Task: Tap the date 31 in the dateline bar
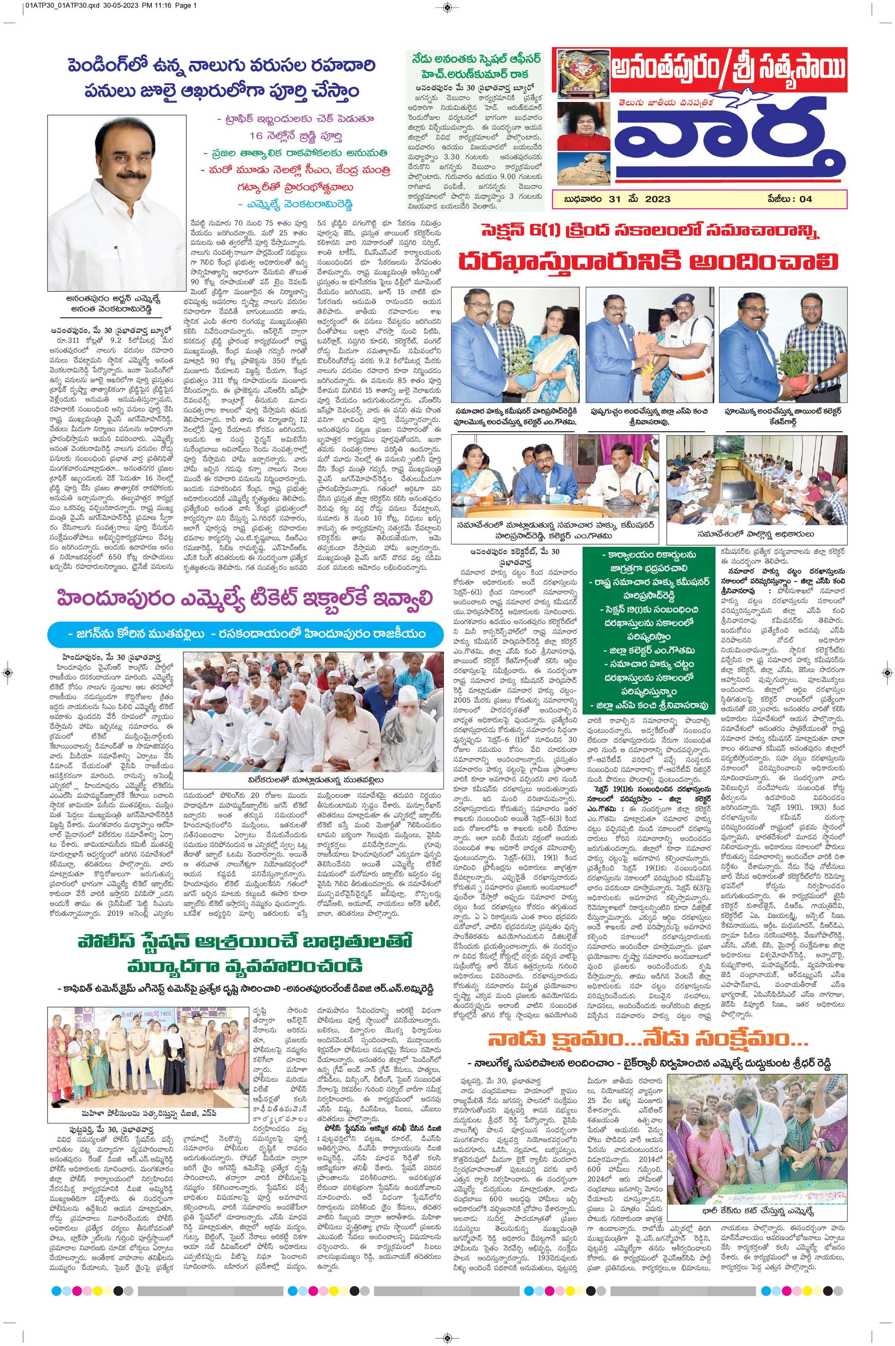pos(607,199)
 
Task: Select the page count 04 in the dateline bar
pos(805,199)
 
